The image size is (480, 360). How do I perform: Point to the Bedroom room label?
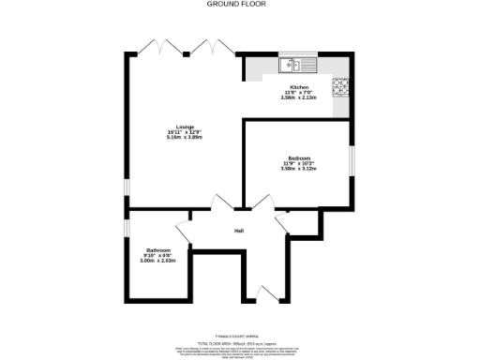[x=299, y=158]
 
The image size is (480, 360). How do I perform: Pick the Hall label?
[x=239, y=232]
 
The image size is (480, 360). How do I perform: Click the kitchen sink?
[x=299, y=66]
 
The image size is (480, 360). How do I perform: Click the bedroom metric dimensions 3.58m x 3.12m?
[x=299, y=169]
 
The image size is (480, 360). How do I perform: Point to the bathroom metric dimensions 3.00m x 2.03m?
[x=157, y=261]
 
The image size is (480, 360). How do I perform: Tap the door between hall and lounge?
[x=224, y=204]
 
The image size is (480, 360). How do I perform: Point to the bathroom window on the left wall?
[x=127, y=229]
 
